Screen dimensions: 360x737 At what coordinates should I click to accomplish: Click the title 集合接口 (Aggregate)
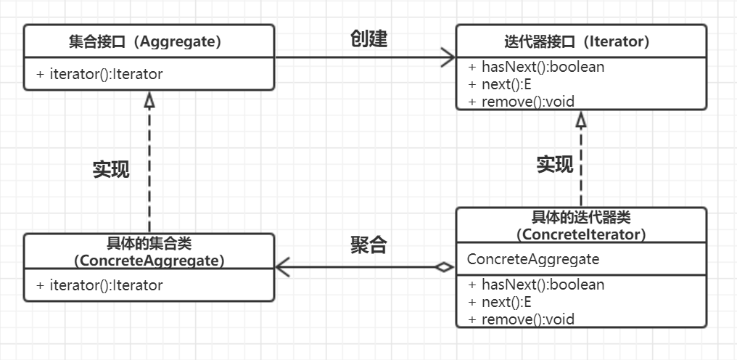click(149, 42)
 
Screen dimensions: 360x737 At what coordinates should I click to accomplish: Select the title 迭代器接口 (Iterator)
click(581, 42)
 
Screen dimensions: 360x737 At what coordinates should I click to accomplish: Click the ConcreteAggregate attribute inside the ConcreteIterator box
click(533, 259)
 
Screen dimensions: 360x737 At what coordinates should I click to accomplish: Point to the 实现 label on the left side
click(111, 169)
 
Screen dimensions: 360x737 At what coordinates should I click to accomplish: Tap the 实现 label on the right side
click(555, 165)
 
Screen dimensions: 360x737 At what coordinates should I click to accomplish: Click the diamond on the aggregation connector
click(443, 267)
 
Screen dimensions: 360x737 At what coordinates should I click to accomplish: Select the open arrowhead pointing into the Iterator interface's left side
click(448, 57)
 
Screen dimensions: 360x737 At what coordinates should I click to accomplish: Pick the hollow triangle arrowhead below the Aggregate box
click(149, 100)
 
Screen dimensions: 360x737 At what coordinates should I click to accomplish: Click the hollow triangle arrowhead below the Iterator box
click(581, 120)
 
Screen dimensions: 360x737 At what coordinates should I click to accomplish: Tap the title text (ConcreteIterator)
click(581, 234)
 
